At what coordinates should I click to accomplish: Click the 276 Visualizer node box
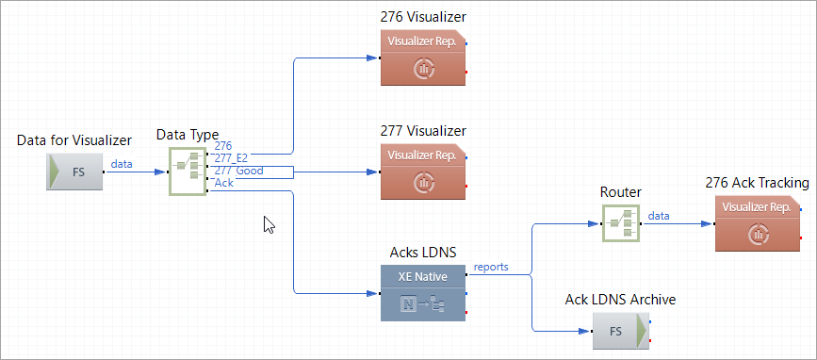point(422,57)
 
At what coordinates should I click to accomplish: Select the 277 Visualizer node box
point(422,171)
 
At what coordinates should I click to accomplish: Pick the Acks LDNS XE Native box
point(422,293)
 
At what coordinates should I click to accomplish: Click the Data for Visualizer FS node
point(74,172)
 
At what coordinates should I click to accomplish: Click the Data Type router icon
point(187,172)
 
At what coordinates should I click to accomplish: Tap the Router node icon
point(620,223)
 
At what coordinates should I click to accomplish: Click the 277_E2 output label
point(230,158)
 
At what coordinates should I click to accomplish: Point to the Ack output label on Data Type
point(224,183)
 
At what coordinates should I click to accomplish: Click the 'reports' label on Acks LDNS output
point(490,267)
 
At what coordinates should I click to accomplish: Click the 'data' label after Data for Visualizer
point(122,164)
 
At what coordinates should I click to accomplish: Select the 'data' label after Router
point(659,216)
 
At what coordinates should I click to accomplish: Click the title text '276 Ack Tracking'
point(756,183)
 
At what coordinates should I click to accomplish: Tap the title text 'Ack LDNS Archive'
point(620,300)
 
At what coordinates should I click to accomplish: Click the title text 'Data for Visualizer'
point(74,139)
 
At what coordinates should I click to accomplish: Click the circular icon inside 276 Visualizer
point(423,68)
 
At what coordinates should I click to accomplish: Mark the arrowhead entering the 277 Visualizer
point(372,172)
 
